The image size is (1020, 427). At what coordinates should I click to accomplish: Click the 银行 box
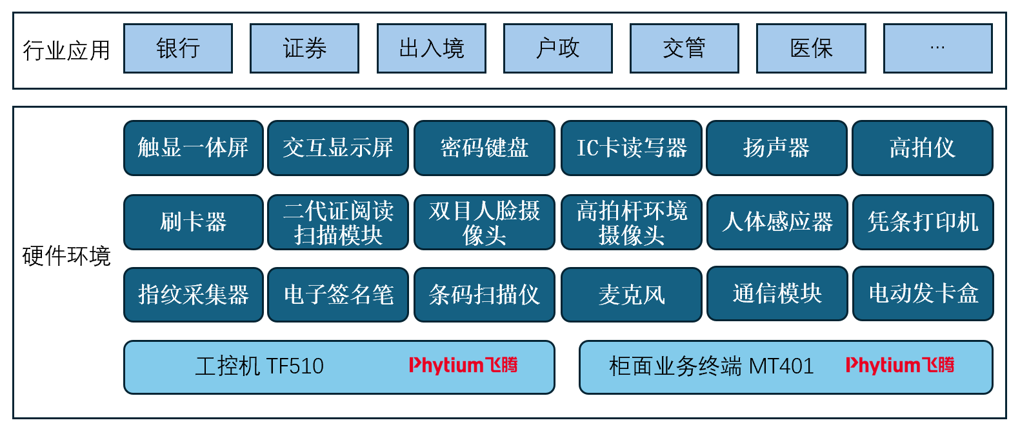[178, 48]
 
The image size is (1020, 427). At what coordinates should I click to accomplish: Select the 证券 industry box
[305, 48]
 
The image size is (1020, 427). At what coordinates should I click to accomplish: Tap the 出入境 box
[431, 48]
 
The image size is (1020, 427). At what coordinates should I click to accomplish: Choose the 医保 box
[811, 48]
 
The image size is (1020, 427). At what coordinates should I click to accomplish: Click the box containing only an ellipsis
[937, 48]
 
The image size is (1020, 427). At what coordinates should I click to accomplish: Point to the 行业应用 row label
[66, 50]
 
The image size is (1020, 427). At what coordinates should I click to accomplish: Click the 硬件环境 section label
[66, 256]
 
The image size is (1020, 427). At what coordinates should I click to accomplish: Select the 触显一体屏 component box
[194, 148]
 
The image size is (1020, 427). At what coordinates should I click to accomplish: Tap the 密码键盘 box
[485, 148]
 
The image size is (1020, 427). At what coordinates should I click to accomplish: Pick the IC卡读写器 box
[632, 148]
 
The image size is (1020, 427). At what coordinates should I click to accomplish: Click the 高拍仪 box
[923, 148]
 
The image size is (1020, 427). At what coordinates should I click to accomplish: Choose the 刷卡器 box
[194, 222]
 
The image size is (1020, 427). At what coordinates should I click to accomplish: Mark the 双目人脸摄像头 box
[485, 222]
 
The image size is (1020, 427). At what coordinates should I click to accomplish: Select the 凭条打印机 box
[923, 222]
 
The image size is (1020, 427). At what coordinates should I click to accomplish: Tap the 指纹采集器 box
[194, 295]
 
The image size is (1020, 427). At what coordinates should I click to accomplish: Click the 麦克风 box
[632, 295]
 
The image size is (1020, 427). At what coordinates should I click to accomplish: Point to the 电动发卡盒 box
[923, 293]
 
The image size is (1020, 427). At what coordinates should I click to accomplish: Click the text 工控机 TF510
[259, 366]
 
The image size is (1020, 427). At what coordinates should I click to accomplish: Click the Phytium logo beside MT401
[900, 366]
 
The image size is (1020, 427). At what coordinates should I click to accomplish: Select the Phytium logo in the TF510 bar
[463, 366]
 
